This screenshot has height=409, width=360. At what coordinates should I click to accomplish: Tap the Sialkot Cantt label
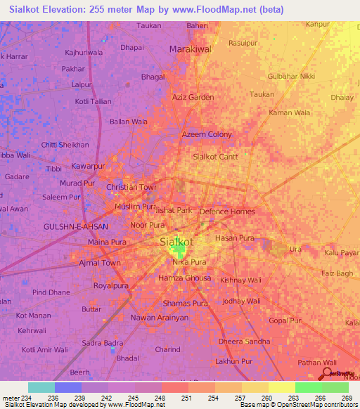point(215,157)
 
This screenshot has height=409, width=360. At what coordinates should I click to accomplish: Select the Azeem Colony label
point(207,134)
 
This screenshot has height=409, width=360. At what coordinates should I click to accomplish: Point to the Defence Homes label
point(227,212)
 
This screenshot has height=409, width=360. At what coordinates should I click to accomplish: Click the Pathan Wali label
point(317,362)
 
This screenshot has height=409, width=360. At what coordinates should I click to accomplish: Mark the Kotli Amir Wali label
point(45,349)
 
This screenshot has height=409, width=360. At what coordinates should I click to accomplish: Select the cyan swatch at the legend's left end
point(41,387)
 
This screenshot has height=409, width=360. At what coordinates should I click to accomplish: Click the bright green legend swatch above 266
point(308,387)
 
